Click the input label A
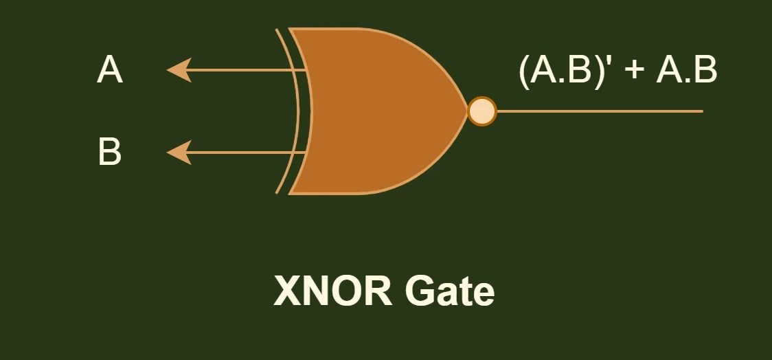pos(110,70)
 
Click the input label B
pos(110,152)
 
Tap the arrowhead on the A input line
pos(179,70)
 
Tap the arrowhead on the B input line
pos(179,152)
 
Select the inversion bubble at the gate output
pos(481,111)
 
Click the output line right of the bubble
pos(598,111)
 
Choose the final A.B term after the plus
pos(686,70)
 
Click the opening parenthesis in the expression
pos(525,71)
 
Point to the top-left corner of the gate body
pos(291,30)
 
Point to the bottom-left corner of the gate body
pos(291,192)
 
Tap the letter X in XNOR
pos(287,291)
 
